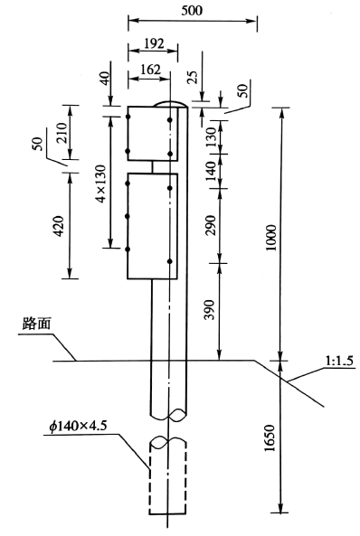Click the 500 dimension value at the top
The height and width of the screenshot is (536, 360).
(192, 11)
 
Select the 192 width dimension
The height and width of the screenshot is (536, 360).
(154, 43)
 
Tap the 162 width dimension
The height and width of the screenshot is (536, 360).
(150, 70)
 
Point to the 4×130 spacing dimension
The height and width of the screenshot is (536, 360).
(101, 183)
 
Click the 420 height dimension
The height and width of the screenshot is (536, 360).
(59, 226)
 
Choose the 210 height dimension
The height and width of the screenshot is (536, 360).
(62, 133)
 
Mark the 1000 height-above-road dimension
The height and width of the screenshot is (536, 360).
(271, 238)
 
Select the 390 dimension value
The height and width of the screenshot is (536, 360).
(209, 310)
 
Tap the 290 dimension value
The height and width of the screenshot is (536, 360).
(210, 225)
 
